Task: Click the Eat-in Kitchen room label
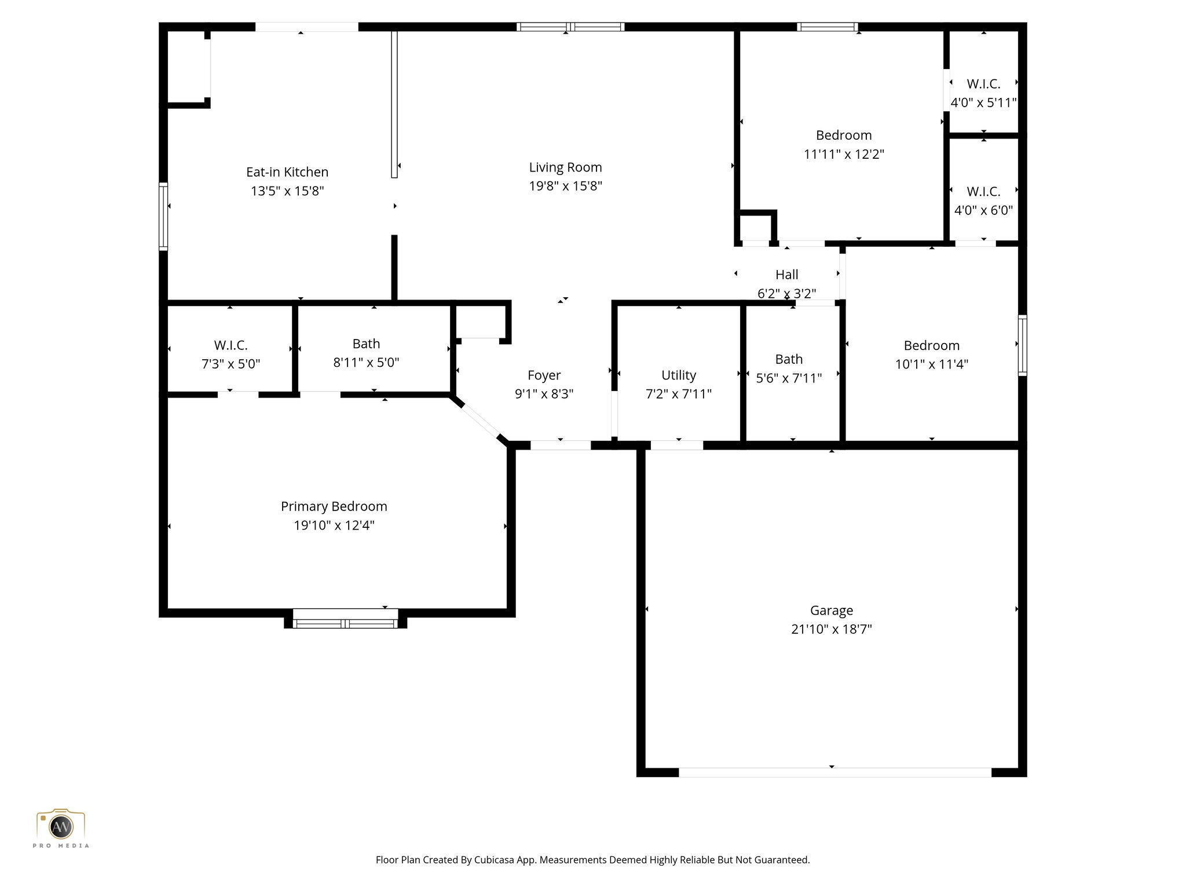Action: [287, 172]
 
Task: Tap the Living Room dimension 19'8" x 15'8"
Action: [565, 186]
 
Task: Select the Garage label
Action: [831, 610]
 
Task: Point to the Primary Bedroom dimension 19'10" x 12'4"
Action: [334, 526]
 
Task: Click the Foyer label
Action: [544, 375]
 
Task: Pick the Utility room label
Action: [678, 375]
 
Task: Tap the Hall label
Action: [786, 275]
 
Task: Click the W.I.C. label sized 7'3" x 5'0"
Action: [230, 345]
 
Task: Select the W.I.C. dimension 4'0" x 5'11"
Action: [983, 103]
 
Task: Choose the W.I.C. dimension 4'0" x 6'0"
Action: [983, 210]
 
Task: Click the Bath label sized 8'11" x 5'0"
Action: [366, 344]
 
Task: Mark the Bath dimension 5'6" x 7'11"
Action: [789, 378]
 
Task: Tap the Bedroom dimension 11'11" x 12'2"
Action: [844, 154]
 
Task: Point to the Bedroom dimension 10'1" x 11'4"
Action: [931, 364]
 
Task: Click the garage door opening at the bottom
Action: [834, 772]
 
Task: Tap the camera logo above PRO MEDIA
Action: [60, 825]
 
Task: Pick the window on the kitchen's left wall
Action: [163, 217]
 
